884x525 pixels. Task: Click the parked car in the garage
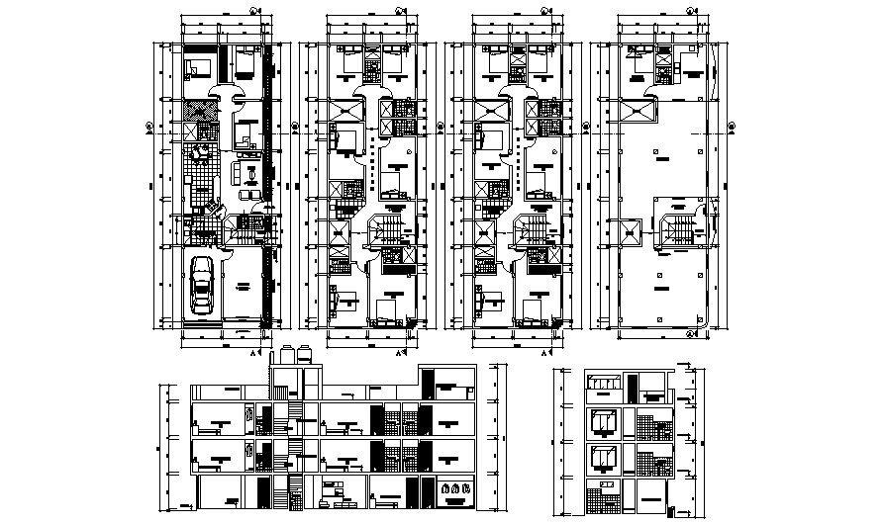[x=202, y=286]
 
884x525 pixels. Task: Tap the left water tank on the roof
[x=287, y=354]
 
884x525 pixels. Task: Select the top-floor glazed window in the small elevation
[x=603, y=384]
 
